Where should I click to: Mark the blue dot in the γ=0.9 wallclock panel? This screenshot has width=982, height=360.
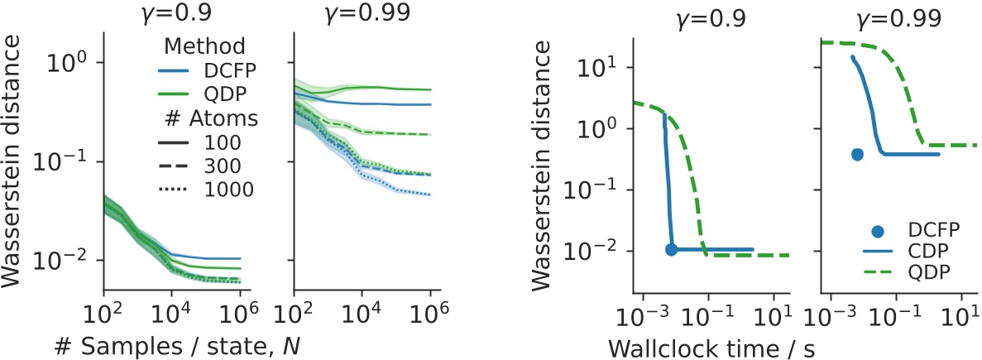[672, 249]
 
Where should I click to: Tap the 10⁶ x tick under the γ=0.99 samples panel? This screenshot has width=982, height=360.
[430, 314]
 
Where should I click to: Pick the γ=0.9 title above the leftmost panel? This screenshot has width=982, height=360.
[172, 15]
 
